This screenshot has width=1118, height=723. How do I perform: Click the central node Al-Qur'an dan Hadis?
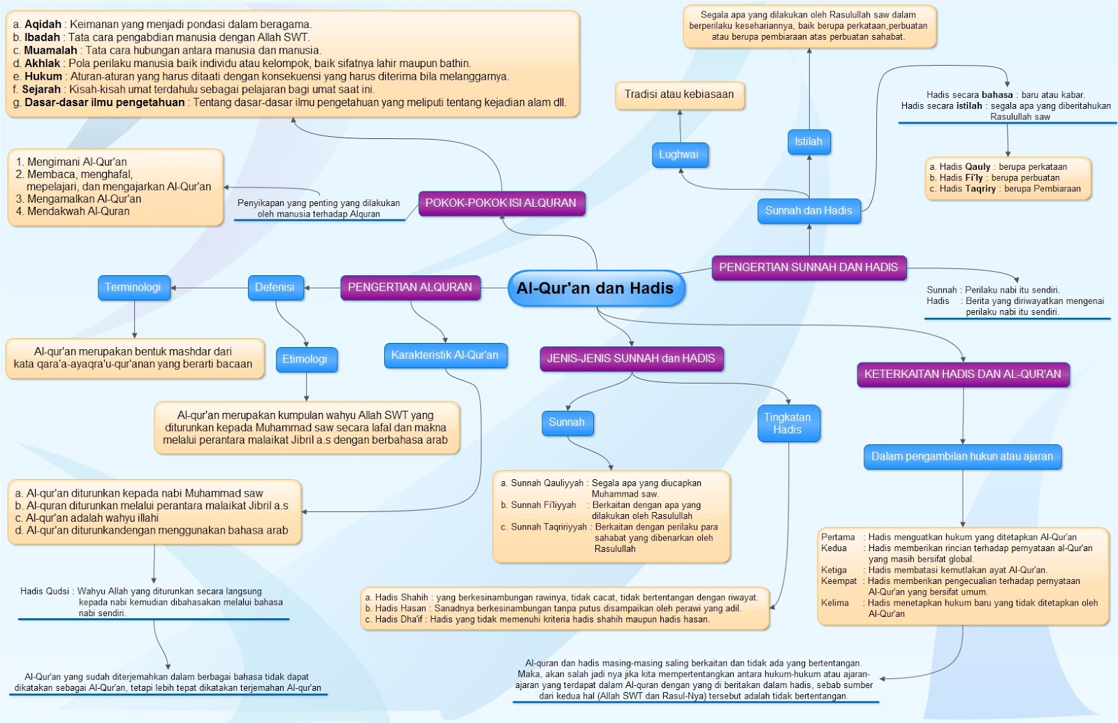(595, 289)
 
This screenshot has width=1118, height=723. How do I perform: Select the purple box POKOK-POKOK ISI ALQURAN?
(500, 203)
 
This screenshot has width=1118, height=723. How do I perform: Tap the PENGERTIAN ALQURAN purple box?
(409, 287)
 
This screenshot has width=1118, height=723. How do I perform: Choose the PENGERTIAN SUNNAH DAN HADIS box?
(808, 268)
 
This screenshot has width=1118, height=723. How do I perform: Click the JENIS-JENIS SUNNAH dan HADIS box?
(631, 358)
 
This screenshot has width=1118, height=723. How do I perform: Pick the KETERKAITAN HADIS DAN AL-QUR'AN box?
(962, 374)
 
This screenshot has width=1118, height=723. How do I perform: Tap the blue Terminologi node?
(133, 287)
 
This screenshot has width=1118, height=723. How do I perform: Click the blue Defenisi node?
(275, 287)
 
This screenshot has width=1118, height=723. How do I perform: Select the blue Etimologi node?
(305, 359)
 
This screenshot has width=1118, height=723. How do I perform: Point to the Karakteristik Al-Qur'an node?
(444, 356)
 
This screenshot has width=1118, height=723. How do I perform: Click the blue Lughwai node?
(678, 155)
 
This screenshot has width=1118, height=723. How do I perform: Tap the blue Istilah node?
(808, 142)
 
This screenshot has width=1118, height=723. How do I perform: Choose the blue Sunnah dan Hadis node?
(808, 211)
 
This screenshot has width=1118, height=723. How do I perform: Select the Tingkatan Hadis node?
(787, 423)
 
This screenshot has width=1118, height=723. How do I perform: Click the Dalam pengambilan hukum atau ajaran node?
(962, 457)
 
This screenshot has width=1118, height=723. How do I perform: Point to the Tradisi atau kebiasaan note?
(679, 95)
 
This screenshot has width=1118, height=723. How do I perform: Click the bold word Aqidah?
(43, 24)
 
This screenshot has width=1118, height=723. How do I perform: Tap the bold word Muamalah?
(50, 50)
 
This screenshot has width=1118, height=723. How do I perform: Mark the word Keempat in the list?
(838, 581)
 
